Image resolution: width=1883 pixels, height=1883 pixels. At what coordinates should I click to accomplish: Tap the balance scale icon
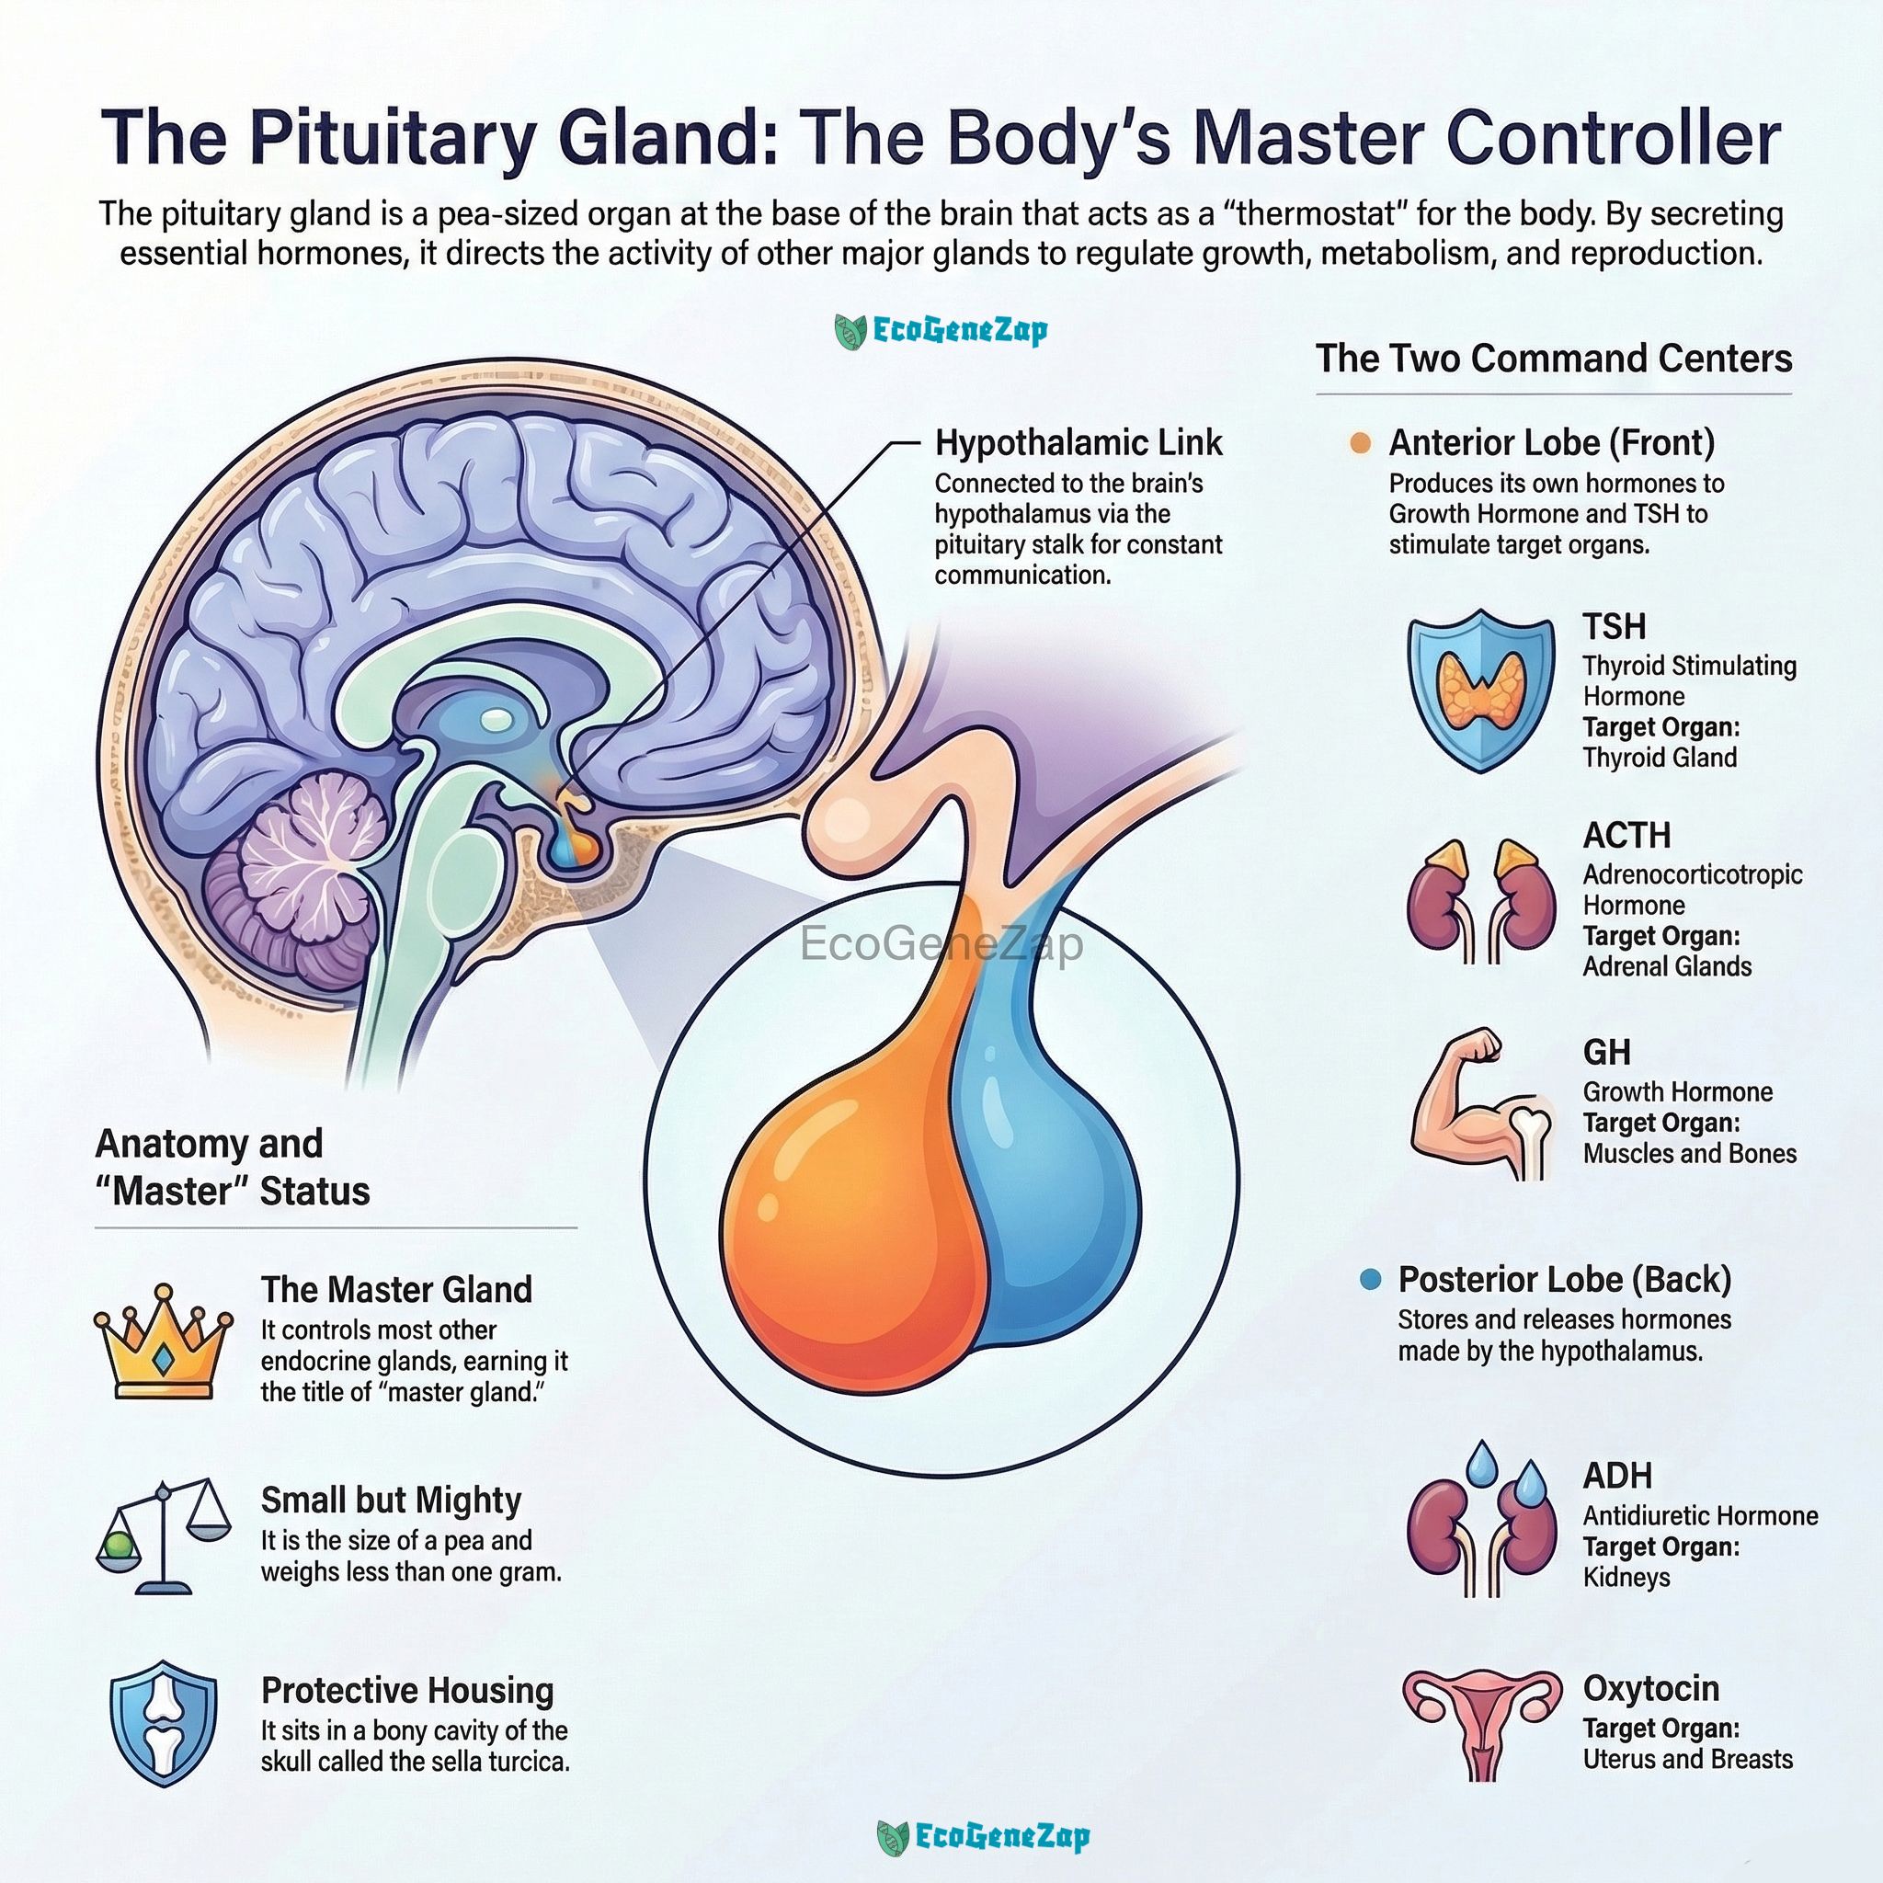164,1538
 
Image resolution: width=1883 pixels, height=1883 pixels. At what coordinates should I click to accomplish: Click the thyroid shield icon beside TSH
1480,691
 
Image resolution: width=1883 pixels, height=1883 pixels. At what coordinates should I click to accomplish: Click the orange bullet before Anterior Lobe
1360,443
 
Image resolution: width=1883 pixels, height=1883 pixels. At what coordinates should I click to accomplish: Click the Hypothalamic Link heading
1078,443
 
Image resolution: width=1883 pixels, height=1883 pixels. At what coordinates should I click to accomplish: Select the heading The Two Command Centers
1554,359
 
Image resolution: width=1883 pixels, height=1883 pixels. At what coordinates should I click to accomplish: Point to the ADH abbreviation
1617,1476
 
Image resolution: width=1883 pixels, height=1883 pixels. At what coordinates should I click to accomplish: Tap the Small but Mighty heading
391,1501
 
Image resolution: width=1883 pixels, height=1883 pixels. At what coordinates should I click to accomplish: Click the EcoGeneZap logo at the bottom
984,1837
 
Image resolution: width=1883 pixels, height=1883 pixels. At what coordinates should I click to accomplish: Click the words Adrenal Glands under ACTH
1667,967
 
